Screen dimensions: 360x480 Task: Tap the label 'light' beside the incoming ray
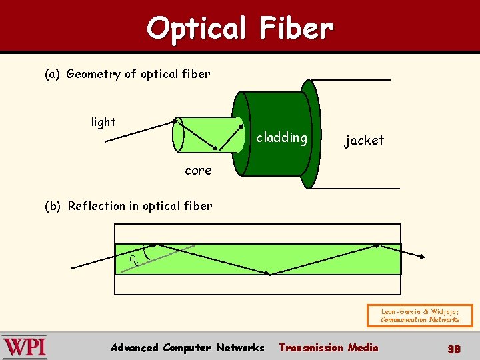[103, 122]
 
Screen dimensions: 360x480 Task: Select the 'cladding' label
[281, 138]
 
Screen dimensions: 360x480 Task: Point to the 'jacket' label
[364, 140]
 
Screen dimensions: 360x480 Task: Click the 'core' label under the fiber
[198, 170]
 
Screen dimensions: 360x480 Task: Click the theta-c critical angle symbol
[134, 261]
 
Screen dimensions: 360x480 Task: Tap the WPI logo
[25, 347]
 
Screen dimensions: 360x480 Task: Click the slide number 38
[454, 348]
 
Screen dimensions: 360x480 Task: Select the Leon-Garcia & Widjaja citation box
[420, 315]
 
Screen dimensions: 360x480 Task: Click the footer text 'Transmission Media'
[328, 347]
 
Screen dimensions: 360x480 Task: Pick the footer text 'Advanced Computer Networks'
[187, 347]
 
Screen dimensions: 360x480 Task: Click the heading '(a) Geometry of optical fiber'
[127, 74]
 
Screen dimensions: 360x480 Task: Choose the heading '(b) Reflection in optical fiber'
[128, 206]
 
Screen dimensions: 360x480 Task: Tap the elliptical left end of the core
[178, 135]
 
